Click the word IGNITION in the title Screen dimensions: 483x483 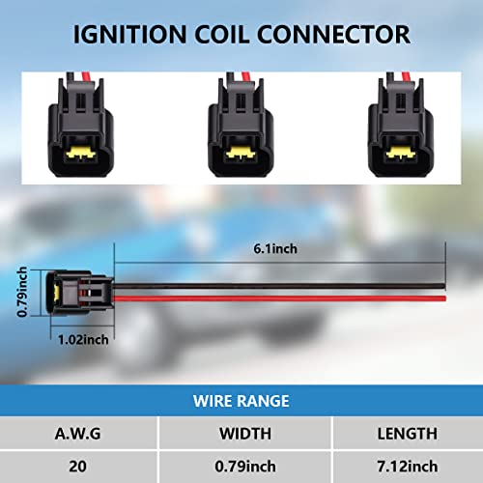click(130, 35)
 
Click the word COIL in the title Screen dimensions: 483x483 click(222, 35)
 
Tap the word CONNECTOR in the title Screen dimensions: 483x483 click(333, 35)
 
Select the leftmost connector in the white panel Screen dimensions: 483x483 click(80, 125)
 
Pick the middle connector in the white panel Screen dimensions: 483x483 click(241, 125)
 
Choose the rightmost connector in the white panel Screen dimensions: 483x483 click(400, 125)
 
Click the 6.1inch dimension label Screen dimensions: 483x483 click(275, 249)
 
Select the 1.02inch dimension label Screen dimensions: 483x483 click(83, 340)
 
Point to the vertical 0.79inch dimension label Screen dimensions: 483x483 click(22, 292)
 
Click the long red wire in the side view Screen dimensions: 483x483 click(279, 298)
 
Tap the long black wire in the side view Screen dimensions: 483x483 click(279, 286)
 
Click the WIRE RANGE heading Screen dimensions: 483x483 click(241, 401)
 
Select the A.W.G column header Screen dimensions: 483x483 click(77, 434)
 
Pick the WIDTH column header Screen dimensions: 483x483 click(245, 434)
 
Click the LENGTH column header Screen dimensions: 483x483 click(408, 434)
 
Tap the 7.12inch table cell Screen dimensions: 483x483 click(408, 467)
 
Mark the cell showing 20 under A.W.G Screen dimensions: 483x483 click(77, 467)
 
